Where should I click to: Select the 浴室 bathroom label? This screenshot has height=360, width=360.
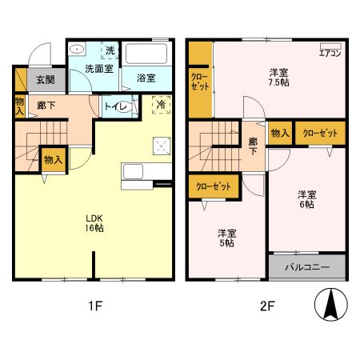coord(146,78)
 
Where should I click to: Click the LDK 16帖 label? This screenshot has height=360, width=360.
coord(95,222)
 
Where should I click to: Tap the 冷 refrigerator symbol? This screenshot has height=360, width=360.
coord(161,104)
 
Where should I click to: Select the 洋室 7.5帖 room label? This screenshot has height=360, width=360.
coord(278,77)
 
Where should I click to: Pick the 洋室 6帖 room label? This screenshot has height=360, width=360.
coord(307,198)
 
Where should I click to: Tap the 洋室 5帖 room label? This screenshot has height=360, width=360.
coord(228,238)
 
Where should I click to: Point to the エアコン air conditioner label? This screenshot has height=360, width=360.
coord(330,53)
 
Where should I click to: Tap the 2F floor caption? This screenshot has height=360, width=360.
coord(266,305)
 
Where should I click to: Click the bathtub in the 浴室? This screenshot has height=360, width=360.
coord(147,57)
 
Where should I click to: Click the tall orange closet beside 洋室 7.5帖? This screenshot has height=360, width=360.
coord(200,80)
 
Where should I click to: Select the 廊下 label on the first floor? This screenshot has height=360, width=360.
coord(45,105)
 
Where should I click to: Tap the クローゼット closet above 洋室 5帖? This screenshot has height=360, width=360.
coord(214,186)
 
